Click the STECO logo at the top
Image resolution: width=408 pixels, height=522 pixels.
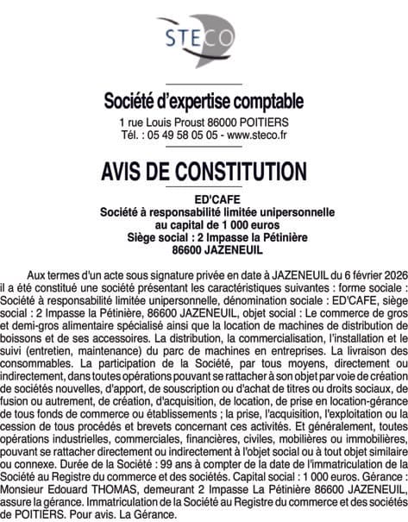click(204, 36)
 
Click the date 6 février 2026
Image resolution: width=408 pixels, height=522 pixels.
click(356, 269)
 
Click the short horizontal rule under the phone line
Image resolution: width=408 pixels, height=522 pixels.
click(204, 147)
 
